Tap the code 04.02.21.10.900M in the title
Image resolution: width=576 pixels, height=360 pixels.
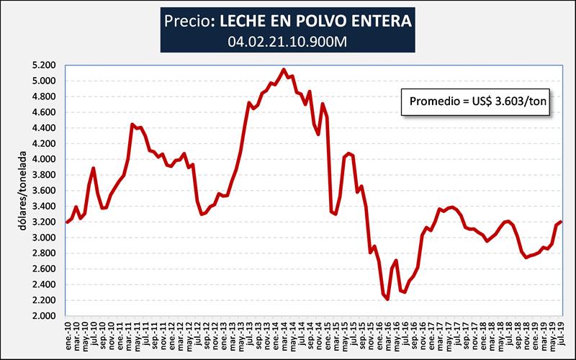tap(287, 41)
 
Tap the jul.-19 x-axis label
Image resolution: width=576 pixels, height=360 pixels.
tap(560, 333)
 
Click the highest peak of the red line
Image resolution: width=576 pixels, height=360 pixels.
tap(284, 70)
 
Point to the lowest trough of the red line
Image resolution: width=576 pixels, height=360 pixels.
tap(387, 299)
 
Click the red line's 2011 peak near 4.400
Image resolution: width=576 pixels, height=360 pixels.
tap(132, 124)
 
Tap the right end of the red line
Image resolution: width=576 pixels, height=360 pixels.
tap(560, 222)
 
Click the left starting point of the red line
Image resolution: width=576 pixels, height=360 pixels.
tap(67, 222)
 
